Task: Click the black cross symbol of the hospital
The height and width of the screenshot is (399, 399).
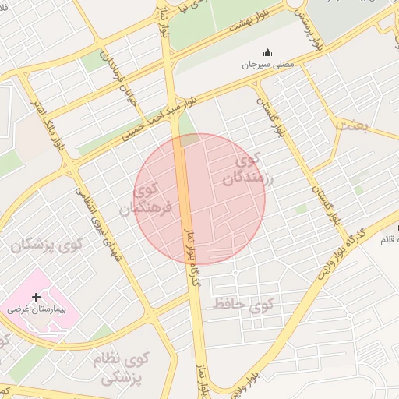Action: click(x=36, y=297)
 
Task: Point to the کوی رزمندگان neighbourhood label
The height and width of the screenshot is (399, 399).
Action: click(x=238, y=171)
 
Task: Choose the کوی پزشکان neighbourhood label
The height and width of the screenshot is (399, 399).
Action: click(x=46, y=245)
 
